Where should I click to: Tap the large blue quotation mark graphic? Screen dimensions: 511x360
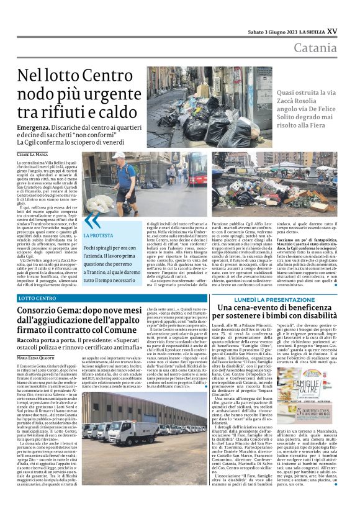click(x=91, y=221)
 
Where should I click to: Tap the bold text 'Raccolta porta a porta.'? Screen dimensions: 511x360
click(x=48, y=341)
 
